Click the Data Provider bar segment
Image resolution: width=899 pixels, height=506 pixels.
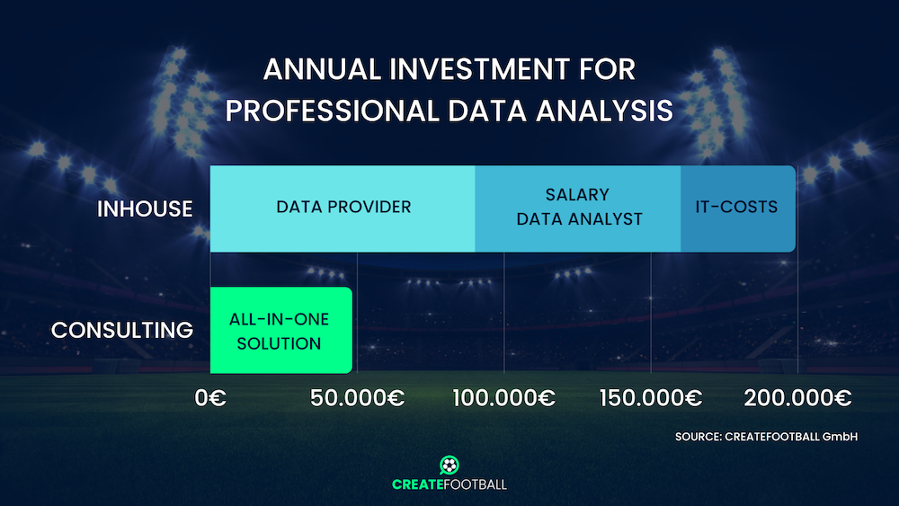[343, 209]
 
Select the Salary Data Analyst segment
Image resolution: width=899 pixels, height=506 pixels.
[578, 209]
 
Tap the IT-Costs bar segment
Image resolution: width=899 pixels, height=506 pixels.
[738, 209]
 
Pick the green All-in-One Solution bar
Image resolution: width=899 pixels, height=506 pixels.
[280, 330]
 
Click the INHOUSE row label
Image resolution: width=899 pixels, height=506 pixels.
[145, 209]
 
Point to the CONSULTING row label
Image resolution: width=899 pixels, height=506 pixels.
[122, 330]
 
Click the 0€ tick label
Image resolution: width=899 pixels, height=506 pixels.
[210, 397]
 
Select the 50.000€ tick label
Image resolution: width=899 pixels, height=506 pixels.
[357, 397]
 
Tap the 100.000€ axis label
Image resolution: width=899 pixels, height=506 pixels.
[504, 397]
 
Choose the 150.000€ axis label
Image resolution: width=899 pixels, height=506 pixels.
[651, 397]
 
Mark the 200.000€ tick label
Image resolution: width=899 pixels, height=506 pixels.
[797, 397]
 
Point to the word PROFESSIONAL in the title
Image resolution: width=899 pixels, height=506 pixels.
[332, 111]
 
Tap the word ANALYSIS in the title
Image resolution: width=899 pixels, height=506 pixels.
[604, 111]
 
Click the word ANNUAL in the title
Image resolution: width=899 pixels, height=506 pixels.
[322, 69]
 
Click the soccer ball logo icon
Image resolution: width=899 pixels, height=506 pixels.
[449, 465]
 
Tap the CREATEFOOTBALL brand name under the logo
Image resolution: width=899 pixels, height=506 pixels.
[449, 484]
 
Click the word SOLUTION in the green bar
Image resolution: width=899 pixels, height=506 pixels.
[280, 343]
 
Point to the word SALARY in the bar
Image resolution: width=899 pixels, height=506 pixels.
[577, 195]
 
